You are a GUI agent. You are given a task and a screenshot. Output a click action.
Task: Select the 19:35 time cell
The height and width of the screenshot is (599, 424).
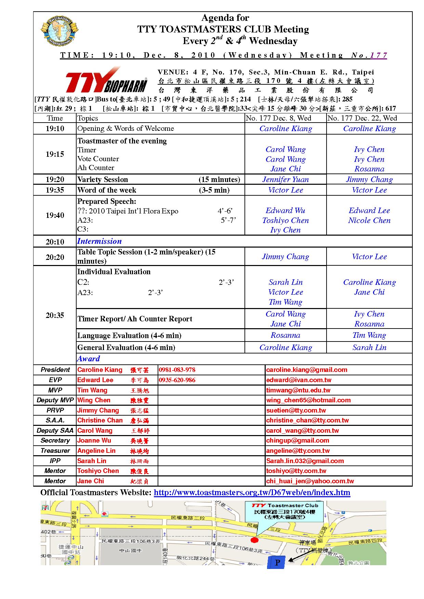55,190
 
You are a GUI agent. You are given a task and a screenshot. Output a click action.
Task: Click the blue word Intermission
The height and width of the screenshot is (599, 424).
99,241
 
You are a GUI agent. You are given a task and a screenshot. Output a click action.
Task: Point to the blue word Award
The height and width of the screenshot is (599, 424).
89,359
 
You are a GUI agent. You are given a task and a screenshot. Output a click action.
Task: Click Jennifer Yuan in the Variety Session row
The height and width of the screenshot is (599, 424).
286,180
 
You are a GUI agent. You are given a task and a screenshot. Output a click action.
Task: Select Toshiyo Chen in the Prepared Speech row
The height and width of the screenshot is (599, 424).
286,221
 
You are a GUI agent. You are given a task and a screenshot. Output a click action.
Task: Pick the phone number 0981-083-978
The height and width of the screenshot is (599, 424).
177,370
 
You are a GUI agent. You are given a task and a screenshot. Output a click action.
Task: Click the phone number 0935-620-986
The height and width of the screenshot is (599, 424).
177,380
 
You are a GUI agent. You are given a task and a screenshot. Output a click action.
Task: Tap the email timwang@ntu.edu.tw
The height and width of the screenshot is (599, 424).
298,390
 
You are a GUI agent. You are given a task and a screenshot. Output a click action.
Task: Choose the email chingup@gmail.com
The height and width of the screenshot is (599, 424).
297,441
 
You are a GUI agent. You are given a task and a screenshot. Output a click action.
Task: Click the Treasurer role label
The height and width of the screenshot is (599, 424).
55,451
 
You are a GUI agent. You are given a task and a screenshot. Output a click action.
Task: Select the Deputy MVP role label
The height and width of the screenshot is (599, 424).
55,400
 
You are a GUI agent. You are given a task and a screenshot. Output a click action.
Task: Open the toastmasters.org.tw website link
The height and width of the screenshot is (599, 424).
252,492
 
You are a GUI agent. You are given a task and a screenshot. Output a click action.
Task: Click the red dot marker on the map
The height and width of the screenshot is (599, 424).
254,540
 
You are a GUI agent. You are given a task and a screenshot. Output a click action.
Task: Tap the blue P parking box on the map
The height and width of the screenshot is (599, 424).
277,562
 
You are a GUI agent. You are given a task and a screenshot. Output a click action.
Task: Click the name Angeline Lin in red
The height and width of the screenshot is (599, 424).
96,451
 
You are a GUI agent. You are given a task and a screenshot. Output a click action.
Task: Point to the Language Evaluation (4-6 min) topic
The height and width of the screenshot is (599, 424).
129,335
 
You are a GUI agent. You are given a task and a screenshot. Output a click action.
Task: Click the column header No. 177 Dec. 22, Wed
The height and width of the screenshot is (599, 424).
362,118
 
